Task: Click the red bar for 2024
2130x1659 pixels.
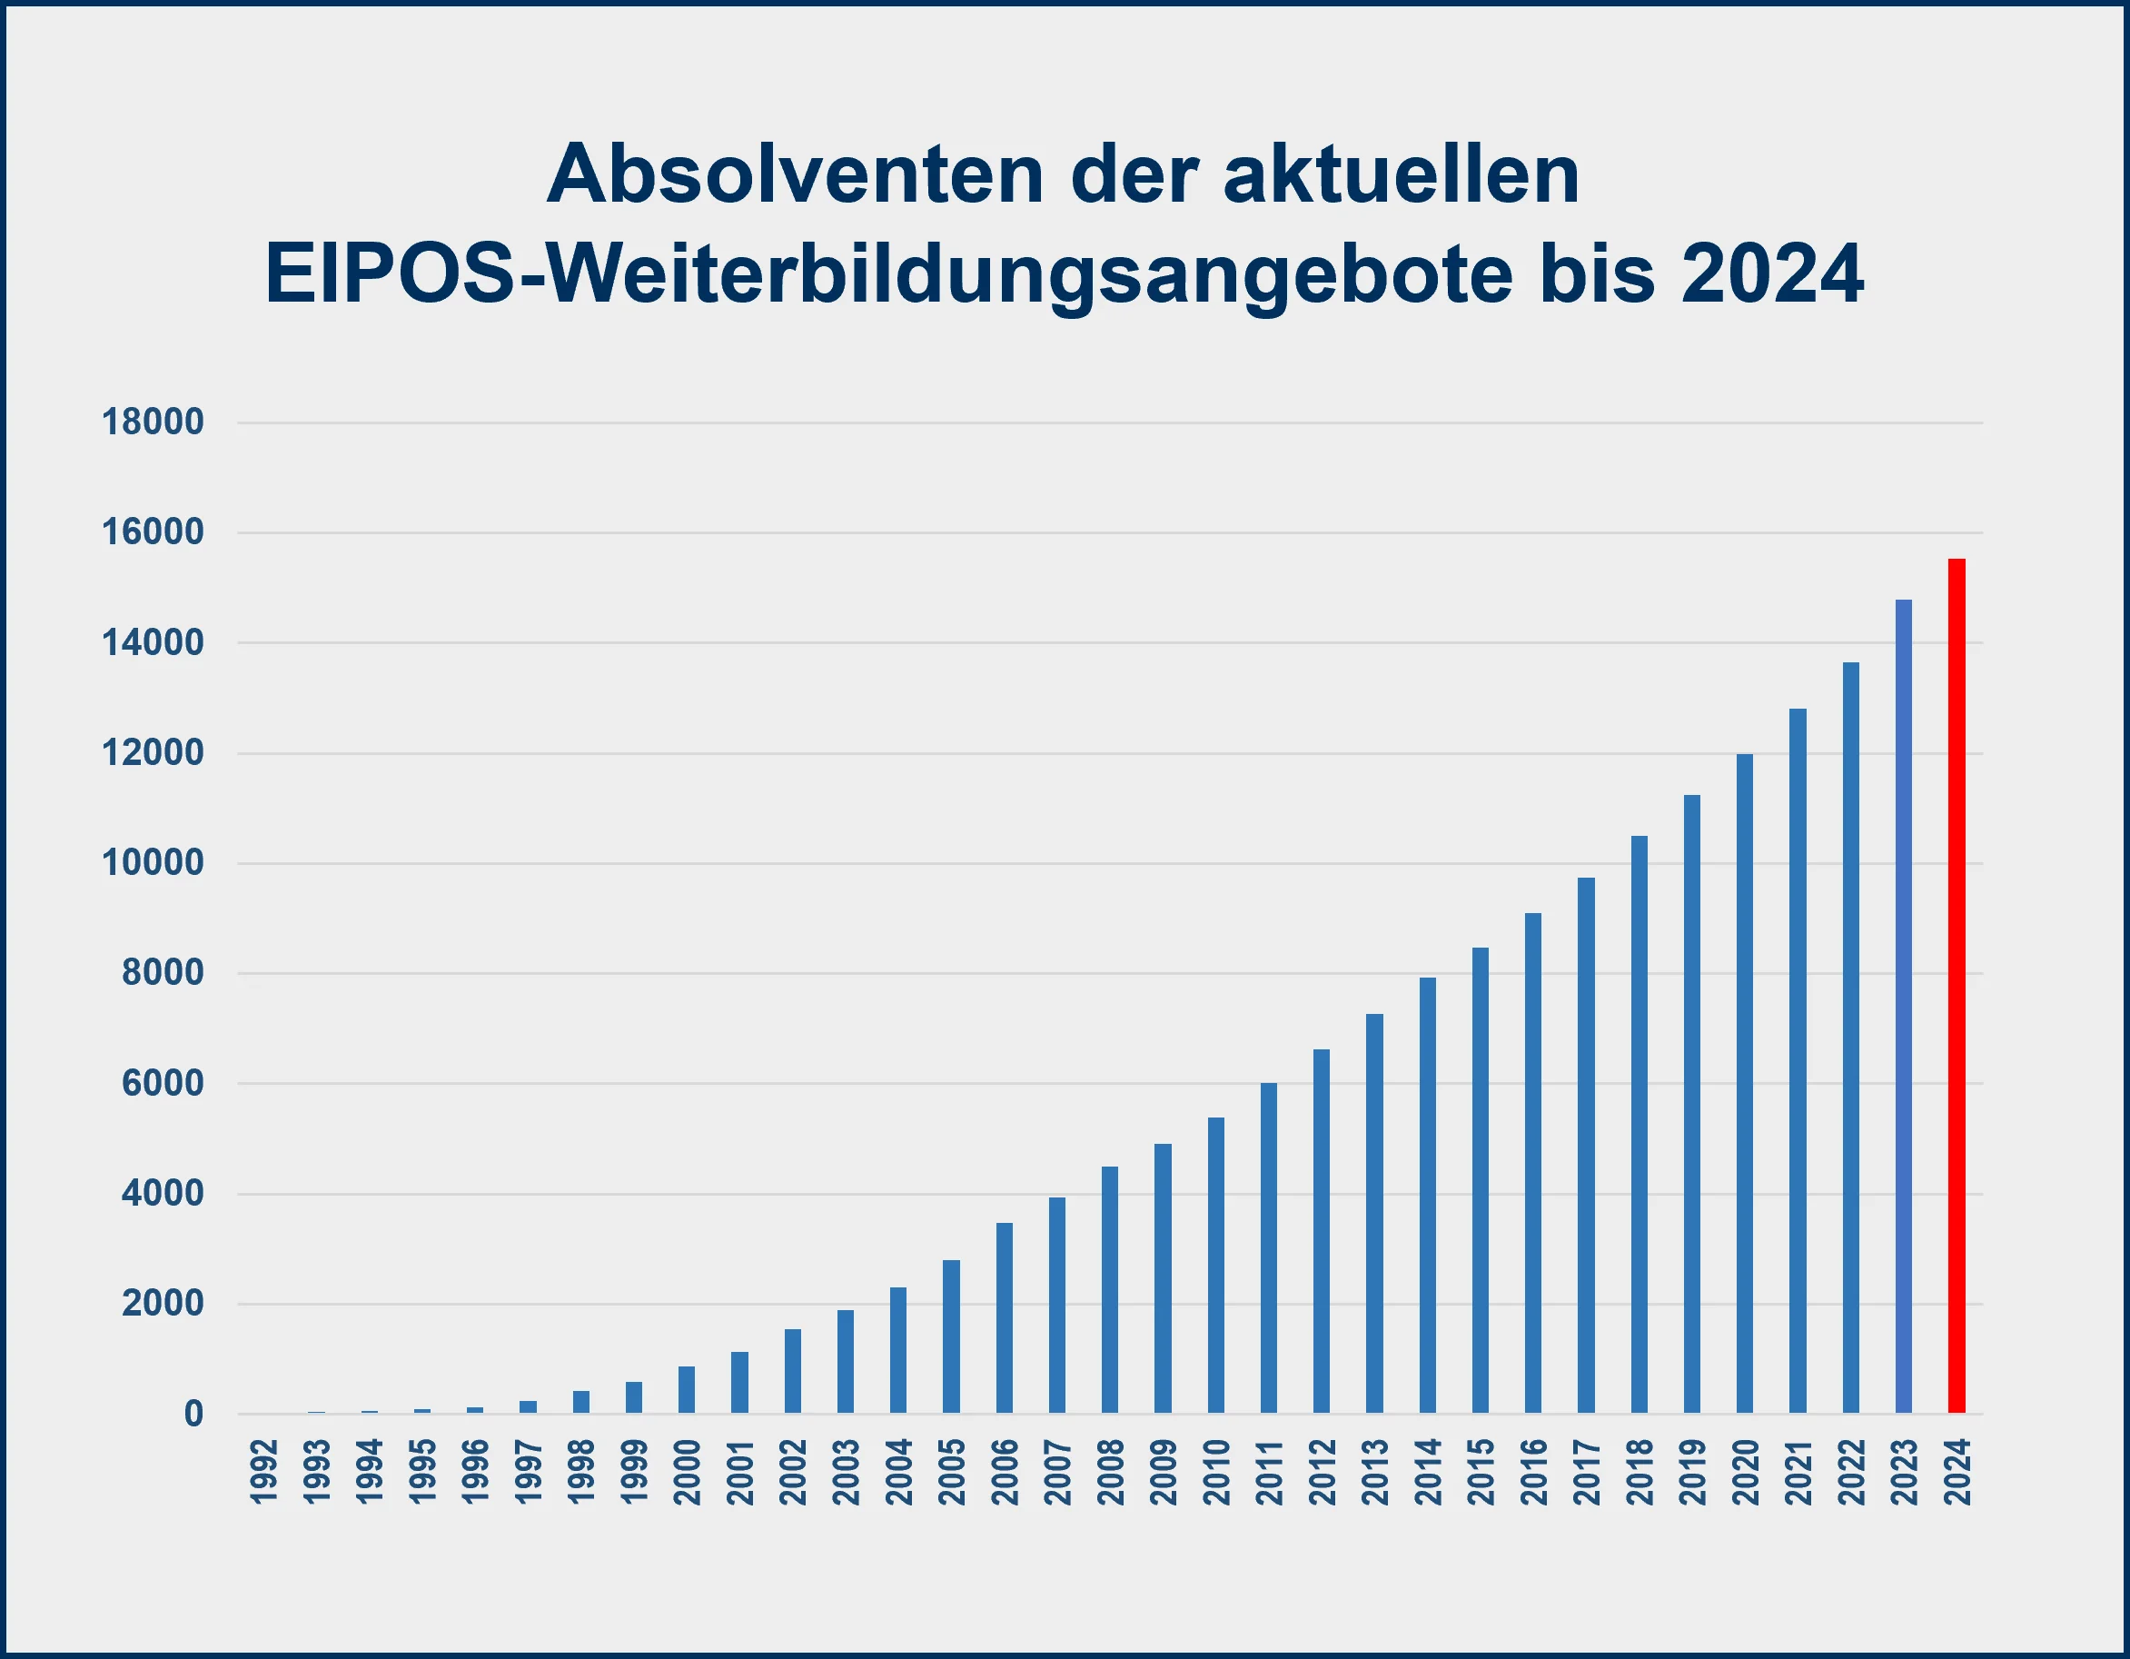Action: click(x=1957, y=985)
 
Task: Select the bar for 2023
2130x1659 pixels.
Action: click(x=1904, y=1006)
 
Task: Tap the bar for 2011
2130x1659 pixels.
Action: click(x=1268, y=1247)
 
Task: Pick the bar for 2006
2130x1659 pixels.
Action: click(x=1004, y=1317)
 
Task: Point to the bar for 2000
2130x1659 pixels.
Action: click(x=687, y=1389)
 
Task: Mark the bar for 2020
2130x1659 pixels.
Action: click(x=1745, y=1083)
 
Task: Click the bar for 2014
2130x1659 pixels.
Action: click(x=1428, y=1195)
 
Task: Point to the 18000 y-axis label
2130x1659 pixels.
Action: click(x=154, y=422)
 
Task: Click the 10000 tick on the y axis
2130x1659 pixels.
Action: click(x=154, y=863)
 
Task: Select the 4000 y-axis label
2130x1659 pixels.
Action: click(x=163, y=1194)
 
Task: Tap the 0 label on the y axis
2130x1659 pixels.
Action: click(x=193, y=1413)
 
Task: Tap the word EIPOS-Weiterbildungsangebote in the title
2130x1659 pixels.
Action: click(x=887, y=275)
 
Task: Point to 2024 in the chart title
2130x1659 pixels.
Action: click(x=1772, y=275)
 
